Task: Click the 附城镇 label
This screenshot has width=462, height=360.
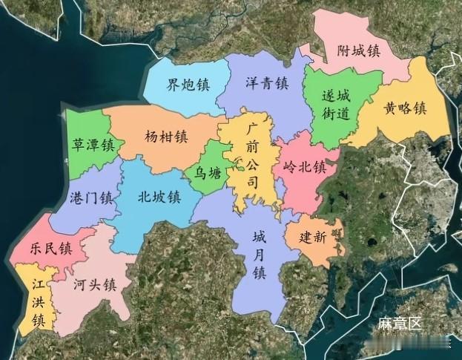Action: coord(358,51)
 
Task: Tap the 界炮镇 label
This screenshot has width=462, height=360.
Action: coord(188,84)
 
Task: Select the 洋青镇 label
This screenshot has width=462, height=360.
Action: coord(266,83)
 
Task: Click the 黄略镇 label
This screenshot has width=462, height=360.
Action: coord(405,108)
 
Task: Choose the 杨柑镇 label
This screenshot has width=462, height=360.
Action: coord(167,137)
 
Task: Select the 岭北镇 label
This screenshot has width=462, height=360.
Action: coord(305,167)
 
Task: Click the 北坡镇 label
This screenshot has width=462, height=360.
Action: coord(159,197)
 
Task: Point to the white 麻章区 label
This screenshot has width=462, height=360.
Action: coord(399,324)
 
